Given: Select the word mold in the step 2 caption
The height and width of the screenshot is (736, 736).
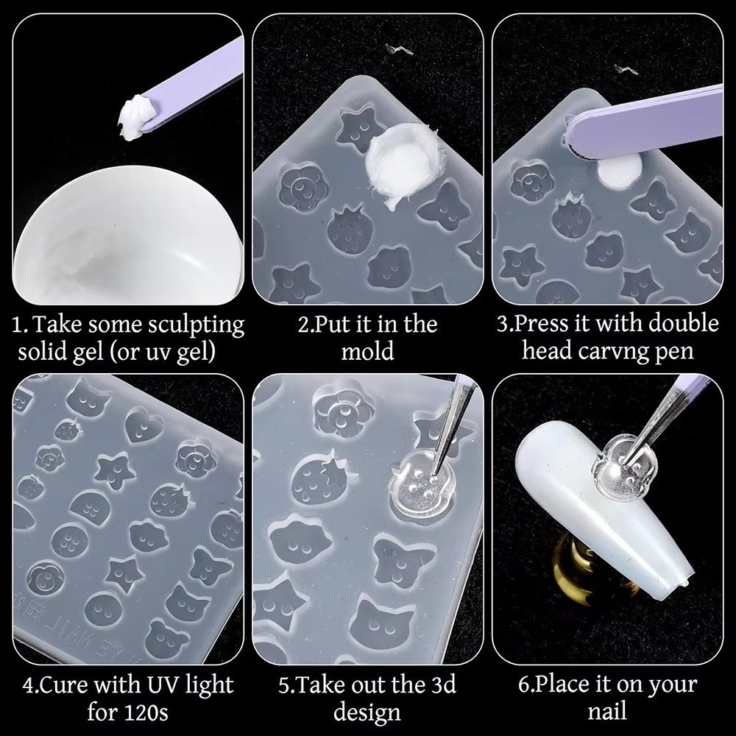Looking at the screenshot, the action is pos(367,352).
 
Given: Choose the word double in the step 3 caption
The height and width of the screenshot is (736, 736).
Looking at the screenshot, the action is pos(684,324).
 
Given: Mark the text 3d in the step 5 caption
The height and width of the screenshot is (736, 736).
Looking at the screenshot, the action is pos(444,685).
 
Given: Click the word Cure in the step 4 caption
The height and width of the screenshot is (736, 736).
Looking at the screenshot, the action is pos(64,686).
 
